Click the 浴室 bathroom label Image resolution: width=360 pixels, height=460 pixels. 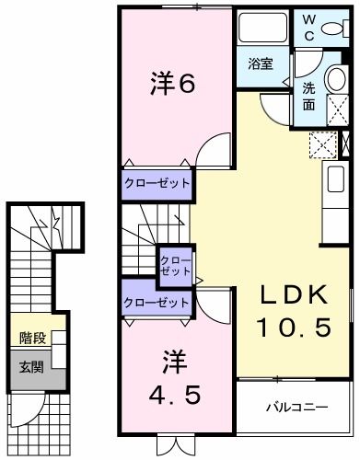[261, 63]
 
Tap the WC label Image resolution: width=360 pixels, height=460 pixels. [309, 28]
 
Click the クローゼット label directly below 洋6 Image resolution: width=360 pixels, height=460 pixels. [157, 184]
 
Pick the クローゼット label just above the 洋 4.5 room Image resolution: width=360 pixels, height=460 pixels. [157, 302]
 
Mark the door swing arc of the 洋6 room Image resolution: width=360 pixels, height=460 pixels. [214, 148]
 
